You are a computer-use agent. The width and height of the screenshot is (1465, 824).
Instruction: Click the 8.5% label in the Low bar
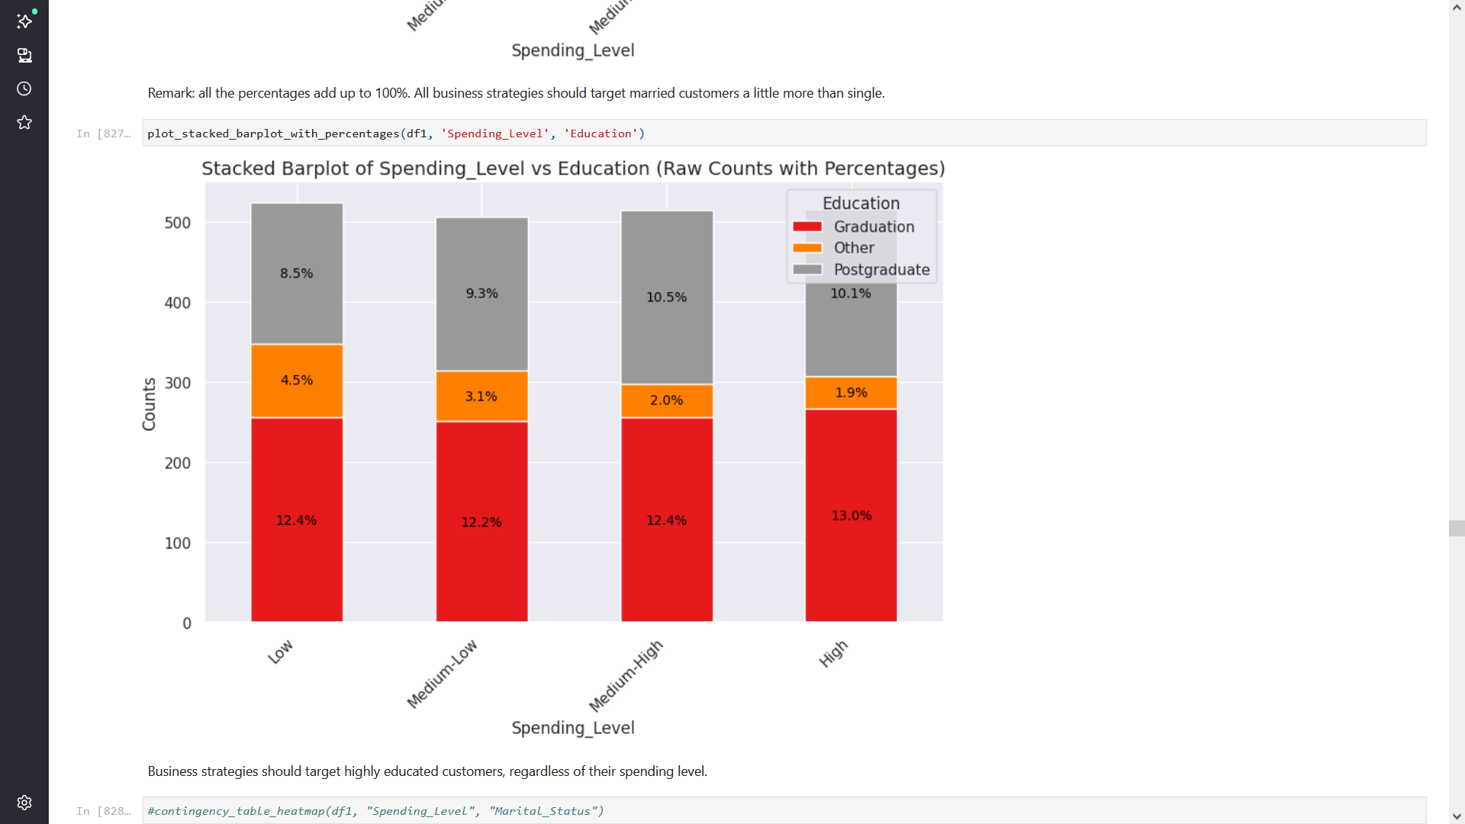point(296,273)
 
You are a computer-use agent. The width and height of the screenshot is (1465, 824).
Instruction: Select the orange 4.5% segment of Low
point(296,380)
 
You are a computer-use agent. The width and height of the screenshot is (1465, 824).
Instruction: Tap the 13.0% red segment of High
point(851,516)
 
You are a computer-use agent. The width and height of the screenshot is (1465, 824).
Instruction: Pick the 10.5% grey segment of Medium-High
point(666,297)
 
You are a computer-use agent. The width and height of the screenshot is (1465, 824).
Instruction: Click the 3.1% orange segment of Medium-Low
point(481,396)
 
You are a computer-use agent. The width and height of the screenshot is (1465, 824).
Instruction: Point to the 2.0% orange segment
point(666,400)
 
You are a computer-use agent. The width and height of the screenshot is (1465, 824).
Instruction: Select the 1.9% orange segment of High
point(851,392)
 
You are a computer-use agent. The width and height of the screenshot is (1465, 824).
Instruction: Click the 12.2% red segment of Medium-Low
point(481,522)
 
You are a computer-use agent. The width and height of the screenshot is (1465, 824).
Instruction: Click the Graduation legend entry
point(873,227)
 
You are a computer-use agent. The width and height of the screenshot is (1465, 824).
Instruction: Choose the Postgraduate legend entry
point(881,269)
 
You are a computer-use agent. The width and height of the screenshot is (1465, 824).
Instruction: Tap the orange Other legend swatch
point(807,248)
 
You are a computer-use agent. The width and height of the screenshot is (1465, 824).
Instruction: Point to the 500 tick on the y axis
point(178,223)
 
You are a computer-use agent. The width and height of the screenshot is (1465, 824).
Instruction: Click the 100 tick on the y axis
point(178,543)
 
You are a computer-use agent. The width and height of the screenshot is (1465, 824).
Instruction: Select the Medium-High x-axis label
point(626,676)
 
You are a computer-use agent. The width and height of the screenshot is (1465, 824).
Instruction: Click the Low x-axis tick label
point(280,652)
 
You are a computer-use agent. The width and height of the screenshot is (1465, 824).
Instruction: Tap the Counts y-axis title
point(149,404)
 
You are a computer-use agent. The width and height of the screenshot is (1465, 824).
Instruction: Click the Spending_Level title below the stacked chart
point(572,728)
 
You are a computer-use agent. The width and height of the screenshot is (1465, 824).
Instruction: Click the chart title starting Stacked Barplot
point(573,169)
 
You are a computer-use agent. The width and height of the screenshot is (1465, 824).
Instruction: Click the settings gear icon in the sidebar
point(24,803)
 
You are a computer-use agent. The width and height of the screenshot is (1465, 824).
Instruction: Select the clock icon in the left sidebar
point(24,89)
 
